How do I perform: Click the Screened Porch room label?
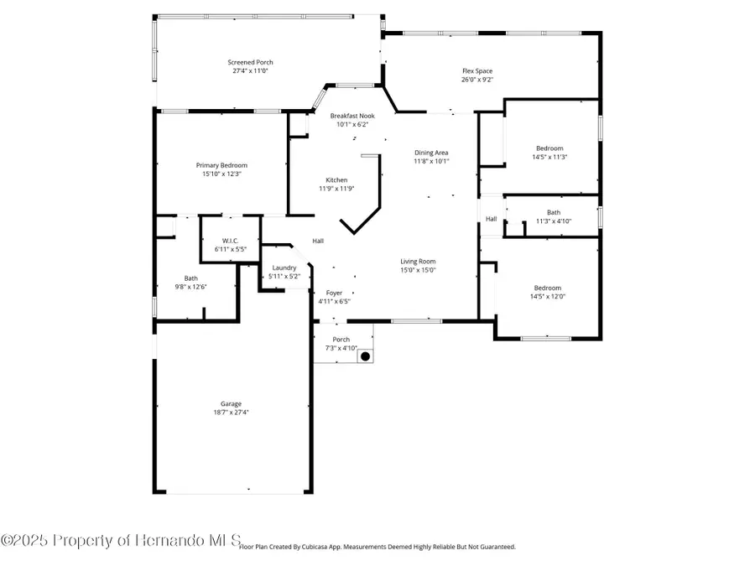250,62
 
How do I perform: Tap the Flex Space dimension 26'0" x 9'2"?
476,80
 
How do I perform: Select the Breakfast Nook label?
352,116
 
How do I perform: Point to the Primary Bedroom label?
221,165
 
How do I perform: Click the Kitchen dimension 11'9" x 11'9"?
336,189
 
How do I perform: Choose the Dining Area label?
431,153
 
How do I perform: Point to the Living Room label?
417,261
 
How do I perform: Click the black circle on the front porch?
365,356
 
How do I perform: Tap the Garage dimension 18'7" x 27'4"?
231,413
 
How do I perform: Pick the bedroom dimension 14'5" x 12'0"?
547,297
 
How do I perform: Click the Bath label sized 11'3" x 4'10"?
553,212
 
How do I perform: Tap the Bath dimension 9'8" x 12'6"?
191,287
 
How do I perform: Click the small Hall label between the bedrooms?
491,219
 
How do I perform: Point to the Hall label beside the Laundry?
318,241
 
